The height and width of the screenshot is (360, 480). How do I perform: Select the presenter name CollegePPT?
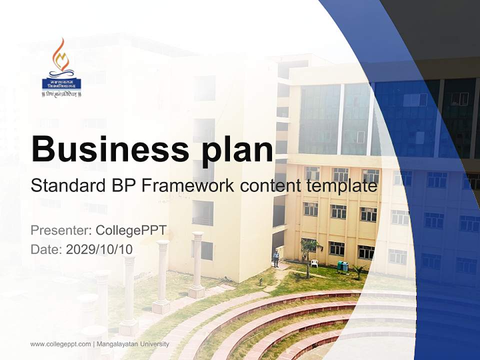click(131, 230)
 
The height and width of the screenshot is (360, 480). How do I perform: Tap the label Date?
click(46, 249)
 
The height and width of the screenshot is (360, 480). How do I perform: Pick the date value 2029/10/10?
click(99, 249)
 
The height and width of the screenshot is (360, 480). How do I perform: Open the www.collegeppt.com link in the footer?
click(60, 344)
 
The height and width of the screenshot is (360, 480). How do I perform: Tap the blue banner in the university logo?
click(61, 83)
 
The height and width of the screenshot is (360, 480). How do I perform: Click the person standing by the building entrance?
click(276, 258)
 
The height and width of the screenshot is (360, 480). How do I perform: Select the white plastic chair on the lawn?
click(314, 263)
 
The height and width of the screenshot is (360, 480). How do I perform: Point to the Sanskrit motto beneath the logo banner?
click(61, 94)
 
